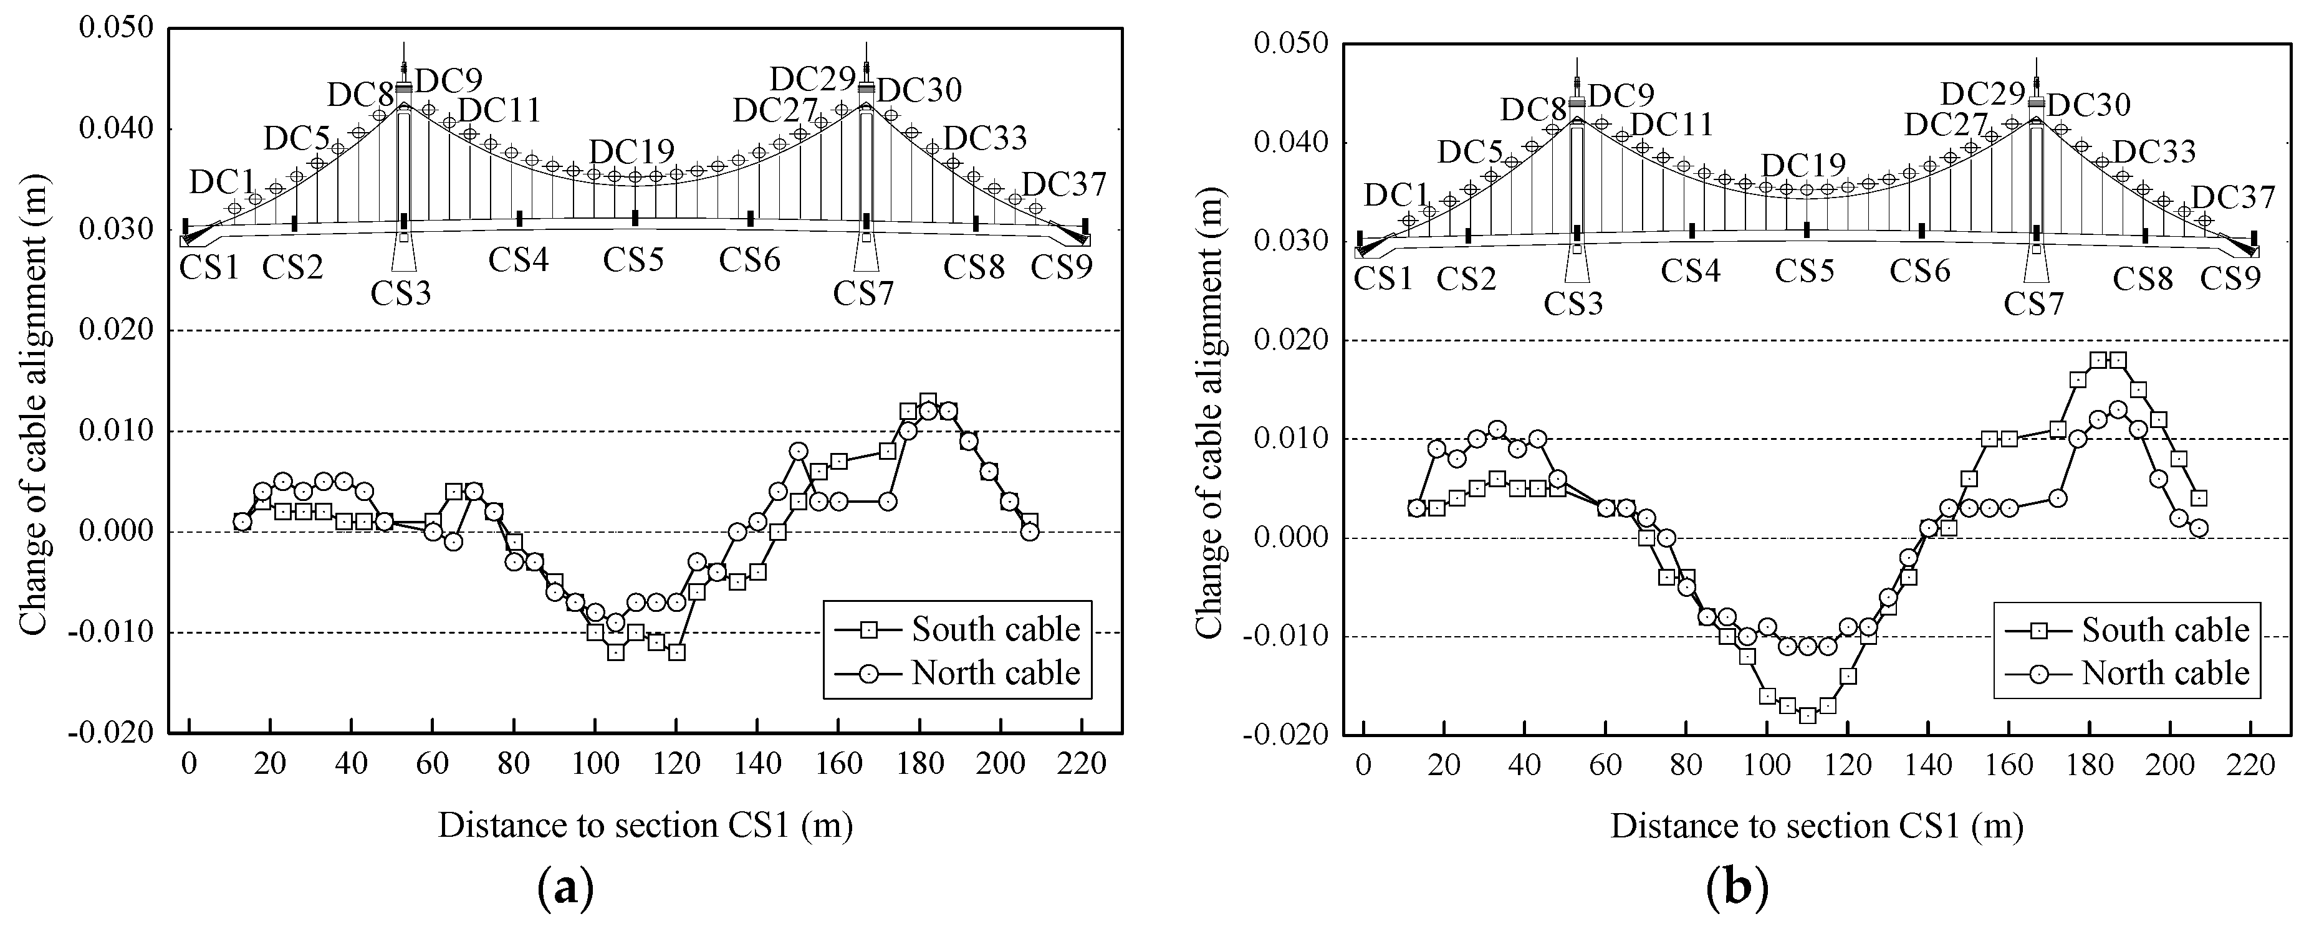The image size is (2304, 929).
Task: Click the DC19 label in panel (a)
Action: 631,151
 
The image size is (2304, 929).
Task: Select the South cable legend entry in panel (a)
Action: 994,629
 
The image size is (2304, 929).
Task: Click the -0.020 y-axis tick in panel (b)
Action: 1289,736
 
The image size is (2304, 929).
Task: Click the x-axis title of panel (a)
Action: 645,826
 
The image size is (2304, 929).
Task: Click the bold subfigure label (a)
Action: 566,890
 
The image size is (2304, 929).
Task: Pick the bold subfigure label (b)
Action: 1736,890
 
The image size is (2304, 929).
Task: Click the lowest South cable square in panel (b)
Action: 1808,715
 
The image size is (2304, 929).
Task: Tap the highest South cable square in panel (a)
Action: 928,401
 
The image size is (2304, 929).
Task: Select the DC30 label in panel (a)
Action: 919,90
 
